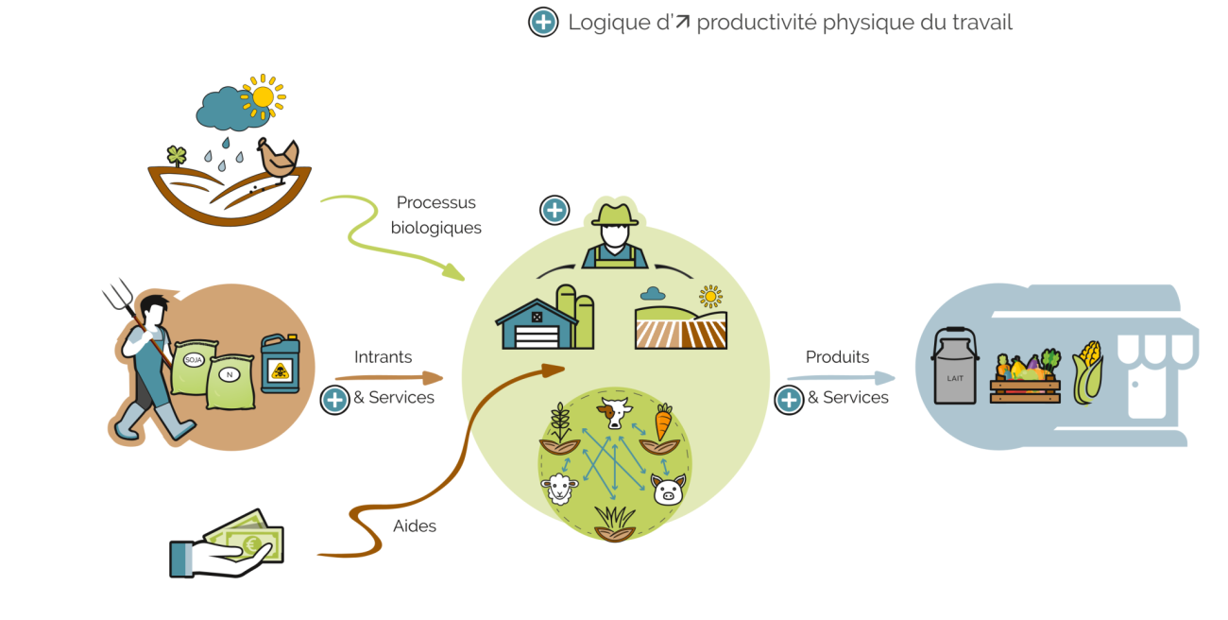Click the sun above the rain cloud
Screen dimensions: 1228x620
click(x=264, y=97)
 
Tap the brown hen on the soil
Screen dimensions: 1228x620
click(x=279, y=160)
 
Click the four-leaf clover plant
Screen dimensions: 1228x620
click(x=177, y=156)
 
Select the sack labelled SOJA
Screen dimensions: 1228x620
click(x=194, y=367)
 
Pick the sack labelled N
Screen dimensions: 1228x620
click(x=230, y=381)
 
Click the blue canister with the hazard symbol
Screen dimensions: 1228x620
click(x=281, y=363)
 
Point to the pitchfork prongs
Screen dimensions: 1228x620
click(x=118, y=294)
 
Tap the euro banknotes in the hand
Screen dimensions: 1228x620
click(x=247, y=537)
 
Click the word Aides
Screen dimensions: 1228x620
click(x=415, y=525)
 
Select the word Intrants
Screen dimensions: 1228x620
click(x=383, y=356)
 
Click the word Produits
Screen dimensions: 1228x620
click(x=837, y=356)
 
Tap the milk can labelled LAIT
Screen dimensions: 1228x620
click(x=954, y=366)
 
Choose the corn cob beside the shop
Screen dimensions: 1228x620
click(x=1087, y=372)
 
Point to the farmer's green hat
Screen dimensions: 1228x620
click(x=615, y=214)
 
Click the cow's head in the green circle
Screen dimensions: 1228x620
click(x=615, y=412)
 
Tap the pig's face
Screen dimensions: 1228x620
click(x=668, y=490)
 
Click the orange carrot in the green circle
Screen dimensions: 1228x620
click(x=663, y=422)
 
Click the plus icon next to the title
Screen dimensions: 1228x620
click(x=543, y=23)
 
